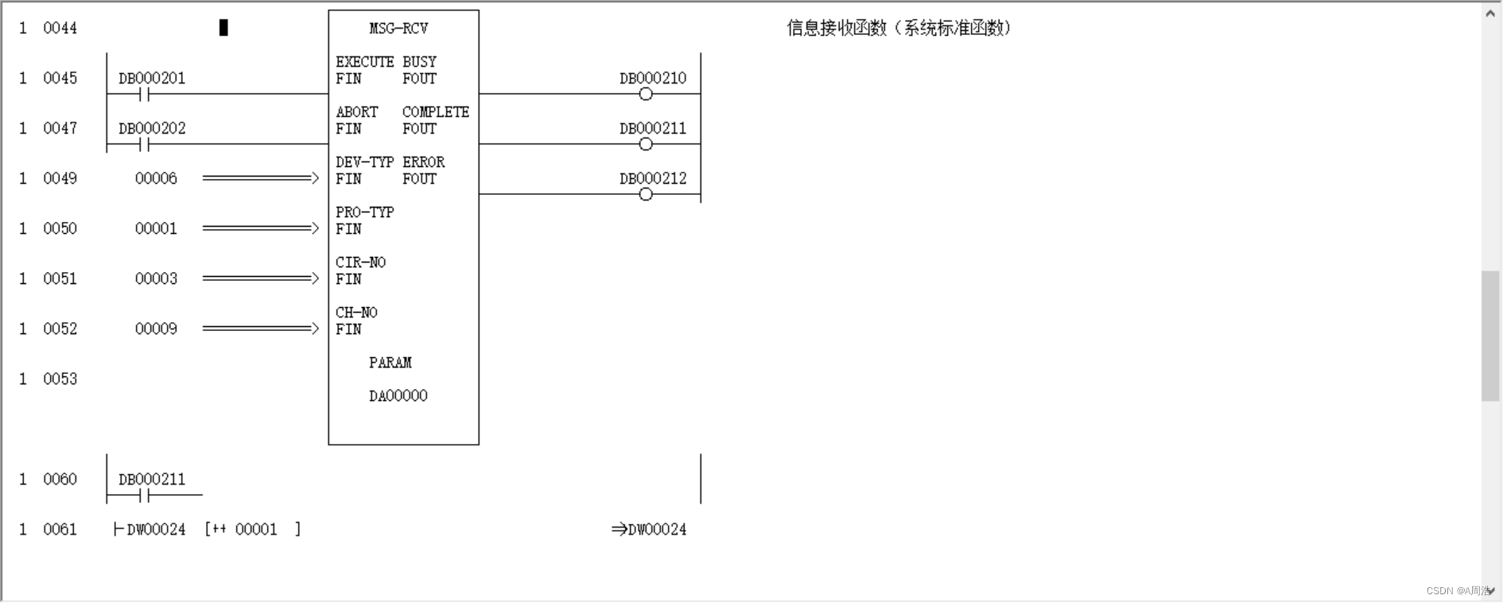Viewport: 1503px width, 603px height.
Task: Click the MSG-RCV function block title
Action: pos(398,29)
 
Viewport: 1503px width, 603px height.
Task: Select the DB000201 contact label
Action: pos(152,78)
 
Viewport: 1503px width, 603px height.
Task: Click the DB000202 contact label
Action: pos(152,128)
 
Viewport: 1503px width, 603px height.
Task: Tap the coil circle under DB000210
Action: pos(646,95)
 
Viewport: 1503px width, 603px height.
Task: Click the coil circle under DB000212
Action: pos(646,195)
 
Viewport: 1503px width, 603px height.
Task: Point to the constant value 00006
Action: pos(156,178)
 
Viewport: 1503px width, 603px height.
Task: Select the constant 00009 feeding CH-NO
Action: pos(156,329)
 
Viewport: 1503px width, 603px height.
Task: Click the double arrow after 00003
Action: pos(260,278)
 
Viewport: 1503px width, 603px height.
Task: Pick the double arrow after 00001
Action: pos(260,228)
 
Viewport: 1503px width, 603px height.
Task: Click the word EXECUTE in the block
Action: pos(364,62)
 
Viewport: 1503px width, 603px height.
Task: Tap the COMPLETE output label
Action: pos(435,112)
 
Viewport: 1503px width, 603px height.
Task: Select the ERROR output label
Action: pos(423,162)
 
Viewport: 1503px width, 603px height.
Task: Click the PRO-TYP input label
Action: pos(364,212)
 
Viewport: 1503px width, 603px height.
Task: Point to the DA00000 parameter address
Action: pos(398,396)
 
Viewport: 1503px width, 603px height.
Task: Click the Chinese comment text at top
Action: pos(899,28)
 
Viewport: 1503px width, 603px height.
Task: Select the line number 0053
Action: pos(60,379)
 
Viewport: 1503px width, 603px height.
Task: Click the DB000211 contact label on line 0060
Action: pos(152,479)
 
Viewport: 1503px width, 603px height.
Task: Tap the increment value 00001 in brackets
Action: pos(256,529)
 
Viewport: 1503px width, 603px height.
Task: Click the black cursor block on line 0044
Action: pos(223,28)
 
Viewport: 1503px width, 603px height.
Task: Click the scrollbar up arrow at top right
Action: pos(1490,13)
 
